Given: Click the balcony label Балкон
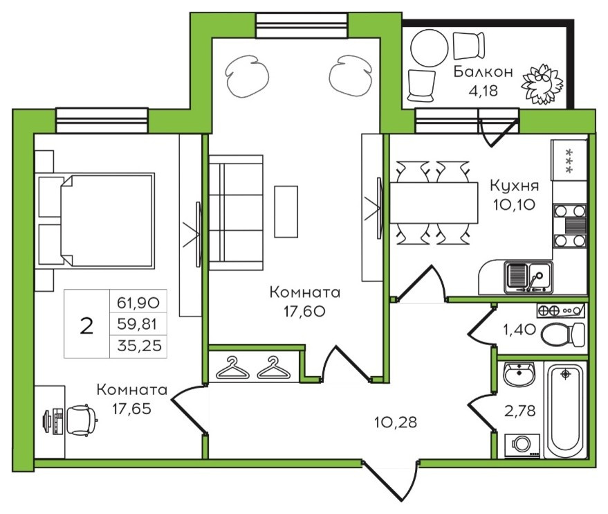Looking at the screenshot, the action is [x=483, y=72].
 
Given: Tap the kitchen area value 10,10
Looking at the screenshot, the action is [x=514, y=204].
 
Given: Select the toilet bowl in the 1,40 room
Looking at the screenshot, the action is [x=562, y=335].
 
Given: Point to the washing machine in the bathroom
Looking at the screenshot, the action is [x=522, y=446].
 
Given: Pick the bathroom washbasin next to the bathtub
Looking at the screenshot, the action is [x=519, y=374].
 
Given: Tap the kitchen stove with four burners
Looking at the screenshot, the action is [x=570, y=226].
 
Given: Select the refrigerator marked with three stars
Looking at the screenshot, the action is [x=569, y=160].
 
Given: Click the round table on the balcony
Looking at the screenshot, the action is [x=430, y=48].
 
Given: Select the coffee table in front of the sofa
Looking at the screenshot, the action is [x=286, y=211].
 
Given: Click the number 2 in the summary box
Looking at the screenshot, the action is [x=86, y=326].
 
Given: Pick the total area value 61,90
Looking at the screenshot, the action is [x=138, y=303].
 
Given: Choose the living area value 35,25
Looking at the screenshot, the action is [x=139, y=345].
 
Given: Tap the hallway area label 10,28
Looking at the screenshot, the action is [x=396, y=422].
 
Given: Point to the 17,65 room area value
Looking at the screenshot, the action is [x=131, y=409].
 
